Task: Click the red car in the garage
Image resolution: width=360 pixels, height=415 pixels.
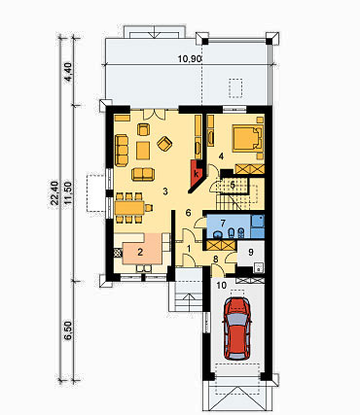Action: [237, 329]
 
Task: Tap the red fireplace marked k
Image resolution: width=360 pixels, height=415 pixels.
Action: [197, 174]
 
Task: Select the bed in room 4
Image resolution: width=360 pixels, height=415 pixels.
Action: [248, 139]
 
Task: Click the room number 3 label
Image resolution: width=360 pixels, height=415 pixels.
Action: [165, 191]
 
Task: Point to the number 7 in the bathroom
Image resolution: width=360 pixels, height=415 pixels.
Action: [223, 223]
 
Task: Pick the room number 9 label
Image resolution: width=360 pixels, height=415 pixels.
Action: [251, 252]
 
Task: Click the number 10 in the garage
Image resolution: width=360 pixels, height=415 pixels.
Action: [222, 285]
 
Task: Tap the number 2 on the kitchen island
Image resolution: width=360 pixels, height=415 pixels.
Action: [140, 252]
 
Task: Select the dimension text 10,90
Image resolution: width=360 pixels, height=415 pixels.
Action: [191, 58]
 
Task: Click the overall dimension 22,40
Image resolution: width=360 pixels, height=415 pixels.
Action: [55, 192]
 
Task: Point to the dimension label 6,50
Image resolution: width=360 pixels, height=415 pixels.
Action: [68, 330]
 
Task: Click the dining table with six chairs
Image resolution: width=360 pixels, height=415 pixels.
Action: [129, 207]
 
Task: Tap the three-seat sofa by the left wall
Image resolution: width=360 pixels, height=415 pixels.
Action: [122, 151]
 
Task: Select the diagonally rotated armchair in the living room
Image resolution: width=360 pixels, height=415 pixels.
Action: [164, 143]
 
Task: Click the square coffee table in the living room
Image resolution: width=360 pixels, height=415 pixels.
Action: [143, 151]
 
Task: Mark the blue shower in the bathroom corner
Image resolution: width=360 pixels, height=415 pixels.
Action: [258, 225]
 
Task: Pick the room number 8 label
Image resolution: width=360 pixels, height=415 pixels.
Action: [215, 259]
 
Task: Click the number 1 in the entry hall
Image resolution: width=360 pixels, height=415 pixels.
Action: [189, 248]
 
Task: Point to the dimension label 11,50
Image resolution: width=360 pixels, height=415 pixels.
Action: [68, 192]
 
